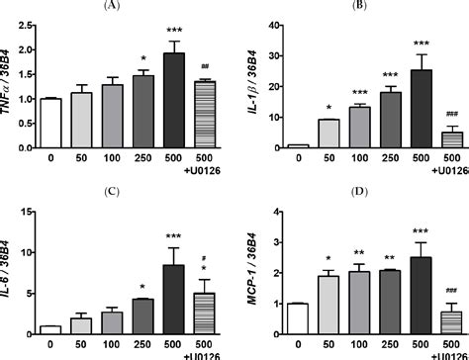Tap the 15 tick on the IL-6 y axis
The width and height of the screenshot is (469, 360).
[x=26, y=210]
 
